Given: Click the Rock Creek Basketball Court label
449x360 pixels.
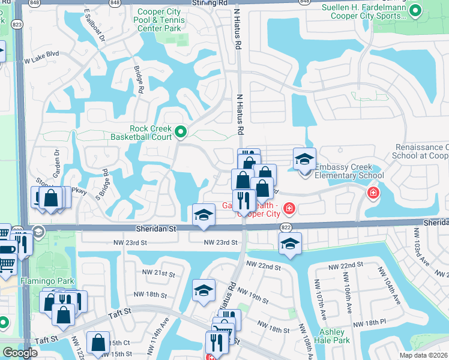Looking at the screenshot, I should pyautogui.click(x=151, y=133).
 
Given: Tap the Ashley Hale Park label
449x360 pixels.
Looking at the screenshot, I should pyautogui.click(x=332, y=336).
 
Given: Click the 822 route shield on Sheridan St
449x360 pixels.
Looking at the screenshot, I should pyautogui.click(x=286, y=228).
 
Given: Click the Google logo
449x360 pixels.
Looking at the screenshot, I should pyautogui.click(x=20, y=353).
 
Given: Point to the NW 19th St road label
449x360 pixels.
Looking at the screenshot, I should pyautogui.click(x=252, y=294).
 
